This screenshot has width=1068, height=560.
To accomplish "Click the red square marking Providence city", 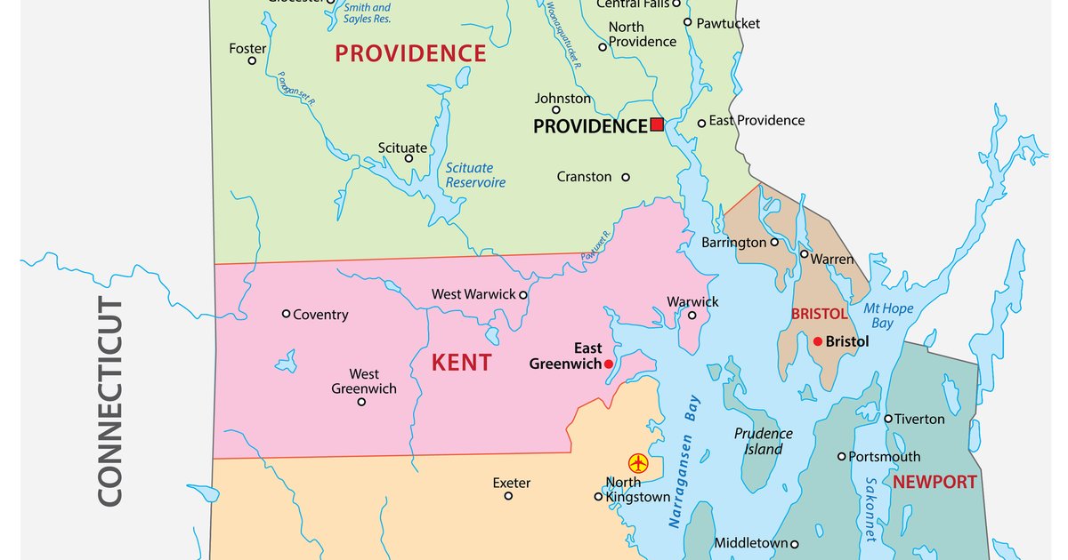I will pos(657,124).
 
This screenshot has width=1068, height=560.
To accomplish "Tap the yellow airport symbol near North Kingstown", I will pos(638,463).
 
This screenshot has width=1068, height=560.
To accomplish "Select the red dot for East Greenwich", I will pos(609,364).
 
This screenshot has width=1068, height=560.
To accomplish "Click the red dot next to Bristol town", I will pos(817,341).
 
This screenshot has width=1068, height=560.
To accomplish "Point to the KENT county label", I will pos(461,363).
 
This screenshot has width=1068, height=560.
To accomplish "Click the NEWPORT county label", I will pos(934,483).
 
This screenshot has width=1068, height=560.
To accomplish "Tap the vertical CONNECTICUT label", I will pos(109,402).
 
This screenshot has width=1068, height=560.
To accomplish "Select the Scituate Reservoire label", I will pos(475,175).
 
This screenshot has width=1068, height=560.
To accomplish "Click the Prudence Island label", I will pos(764,441).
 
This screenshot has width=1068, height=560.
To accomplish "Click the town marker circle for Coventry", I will pos(286,314).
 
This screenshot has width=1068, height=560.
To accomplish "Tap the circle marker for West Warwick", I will pos(523,295).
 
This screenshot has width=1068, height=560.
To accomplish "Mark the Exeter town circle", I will pos(508,496).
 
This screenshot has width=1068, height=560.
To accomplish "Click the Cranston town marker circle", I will pos(626,177).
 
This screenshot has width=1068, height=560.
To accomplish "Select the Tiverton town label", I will pos(919,419).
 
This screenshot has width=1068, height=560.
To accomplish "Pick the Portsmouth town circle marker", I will pos(841,456).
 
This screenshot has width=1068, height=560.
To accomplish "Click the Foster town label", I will pos(247,49).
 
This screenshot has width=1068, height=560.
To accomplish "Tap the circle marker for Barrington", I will pos(774,242).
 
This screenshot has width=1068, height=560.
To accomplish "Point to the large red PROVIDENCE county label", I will pos(410,53).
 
